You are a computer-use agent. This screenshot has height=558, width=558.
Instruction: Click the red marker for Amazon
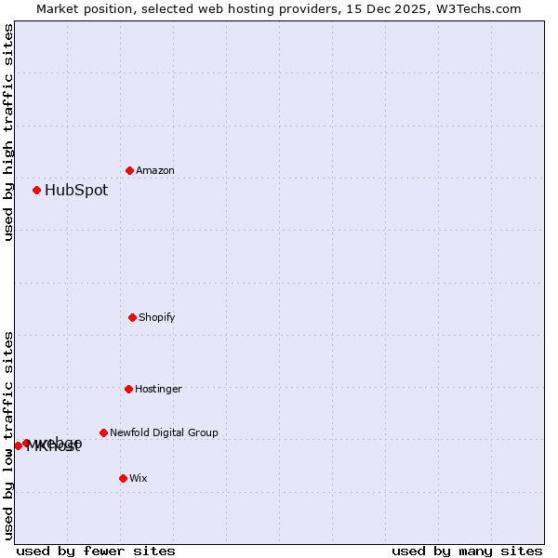coord(129,170)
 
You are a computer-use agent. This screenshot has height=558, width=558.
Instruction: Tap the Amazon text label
coord(155,170)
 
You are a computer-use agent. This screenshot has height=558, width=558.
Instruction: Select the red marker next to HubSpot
coord(36,190)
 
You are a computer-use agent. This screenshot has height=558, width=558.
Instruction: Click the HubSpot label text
coord(76,191)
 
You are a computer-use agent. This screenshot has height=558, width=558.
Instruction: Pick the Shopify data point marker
coord(132,317)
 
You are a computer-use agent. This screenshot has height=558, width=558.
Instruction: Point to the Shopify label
coord(157,317)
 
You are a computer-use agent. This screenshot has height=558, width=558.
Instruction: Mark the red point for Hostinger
coord(128,389)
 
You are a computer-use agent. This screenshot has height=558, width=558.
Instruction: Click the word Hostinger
coord(159,389)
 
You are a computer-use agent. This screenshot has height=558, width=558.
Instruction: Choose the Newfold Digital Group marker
coord(103,432)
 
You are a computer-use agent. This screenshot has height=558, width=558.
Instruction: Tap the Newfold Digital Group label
coord(165,432)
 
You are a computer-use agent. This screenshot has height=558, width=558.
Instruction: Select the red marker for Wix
coord(123,478)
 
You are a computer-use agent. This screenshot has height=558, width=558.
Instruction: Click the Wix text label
coord(139,478)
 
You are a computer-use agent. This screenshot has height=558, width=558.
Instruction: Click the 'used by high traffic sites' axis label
coord(8,132)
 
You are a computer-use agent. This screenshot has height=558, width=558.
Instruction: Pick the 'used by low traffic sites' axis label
coord(8,435)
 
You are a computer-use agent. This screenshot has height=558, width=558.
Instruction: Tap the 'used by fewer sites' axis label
coord(96,551)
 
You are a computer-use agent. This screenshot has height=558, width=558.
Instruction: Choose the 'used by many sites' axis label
coord(467,551)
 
